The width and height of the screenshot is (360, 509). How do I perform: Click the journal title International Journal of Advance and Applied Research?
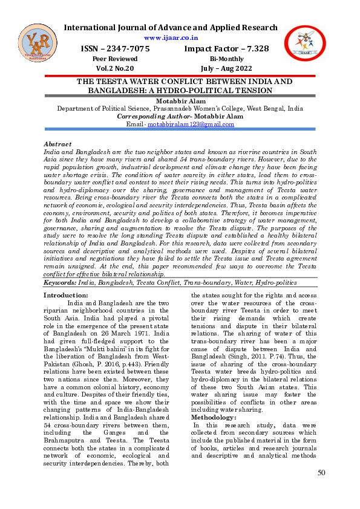[171, 28]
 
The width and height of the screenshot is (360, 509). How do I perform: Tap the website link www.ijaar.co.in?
[169, 37]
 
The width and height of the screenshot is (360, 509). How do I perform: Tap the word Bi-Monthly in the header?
[227, 59]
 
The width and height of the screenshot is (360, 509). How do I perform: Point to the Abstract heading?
[57, 144]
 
